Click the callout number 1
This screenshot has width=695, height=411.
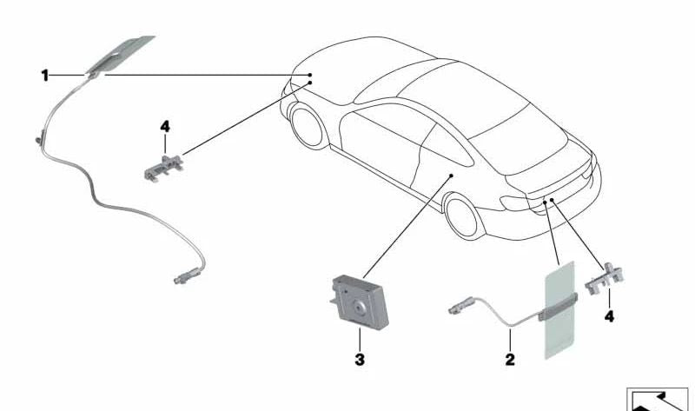pyautogui.click(x=44, y=76)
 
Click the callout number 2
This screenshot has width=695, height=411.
pyautogui.click(x=510, y=357)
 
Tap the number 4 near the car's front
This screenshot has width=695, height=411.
pyautogui.click(x=165, y=127)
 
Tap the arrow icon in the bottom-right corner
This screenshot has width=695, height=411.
pyautogui.click(x=656, y=395)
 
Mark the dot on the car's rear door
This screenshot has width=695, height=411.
pyautogui.click(x=452, y=175)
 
